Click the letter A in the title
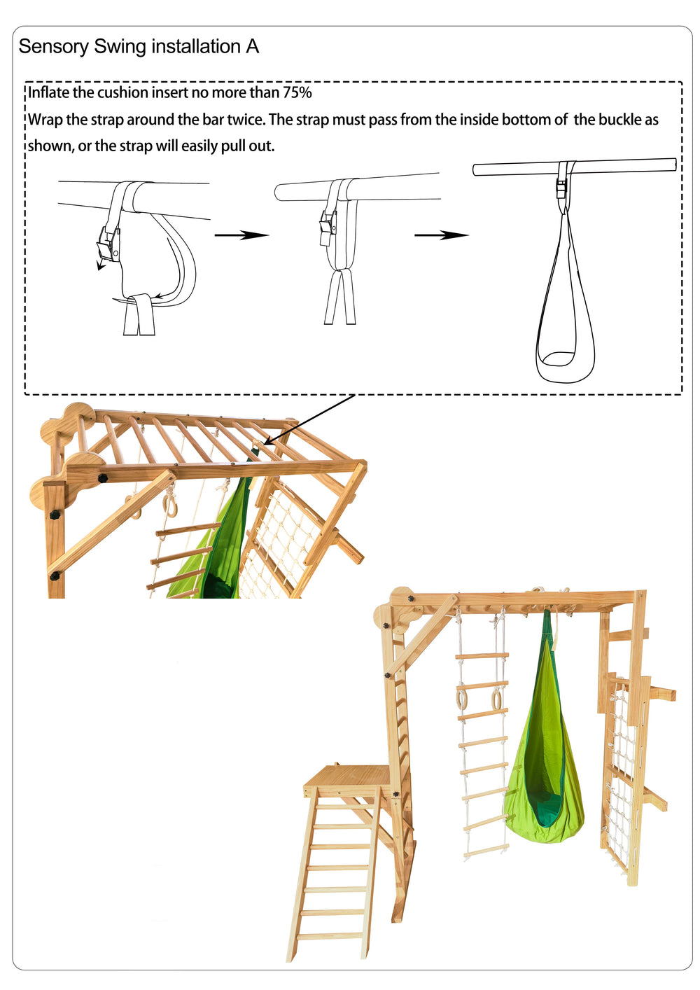[252, 47]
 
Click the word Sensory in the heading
[54, 47]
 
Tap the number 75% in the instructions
[297, 92]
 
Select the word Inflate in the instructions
[49, 92]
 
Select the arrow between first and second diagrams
[241, 235]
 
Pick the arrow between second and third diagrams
[442, 235]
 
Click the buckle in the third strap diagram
[561, 188]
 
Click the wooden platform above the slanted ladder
[343, 777]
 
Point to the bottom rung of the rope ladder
[486, 849]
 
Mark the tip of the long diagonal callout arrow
[265, 445]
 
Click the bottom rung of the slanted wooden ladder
[330, 935]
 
